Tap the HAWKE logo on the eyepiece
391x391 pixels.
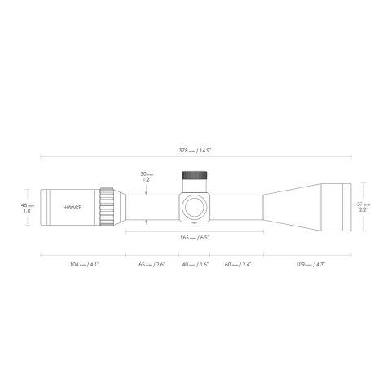[72, 208]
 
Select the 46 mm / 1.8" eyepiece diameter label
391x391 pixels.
[26, 208]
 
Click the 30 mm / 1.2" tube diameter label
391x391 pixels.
[146, 177]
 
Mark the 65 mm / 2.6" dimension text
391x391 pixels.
[152, 265]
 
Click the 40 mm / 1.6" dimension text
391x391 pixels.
[195, 265]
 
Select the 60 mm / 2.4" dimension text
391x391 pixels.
[237, 265]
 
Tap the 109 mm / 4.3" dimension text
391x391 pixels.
[307, 265]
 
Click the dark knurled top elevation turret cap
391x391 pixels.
[194, 175]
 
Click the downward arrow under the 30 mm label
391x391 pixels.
[146, 191]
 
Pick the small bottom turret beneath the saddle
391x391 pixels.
[195, 222]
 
